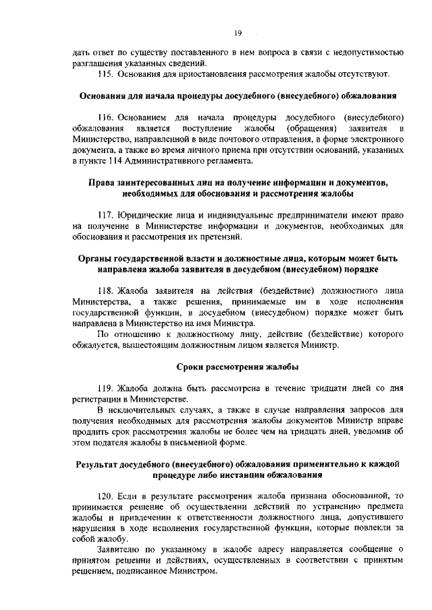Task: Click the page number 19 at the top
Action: (238, 33)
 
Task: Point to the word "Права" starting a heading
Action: (104, 183)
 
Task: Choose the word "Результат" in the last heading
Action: (100, 464)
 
